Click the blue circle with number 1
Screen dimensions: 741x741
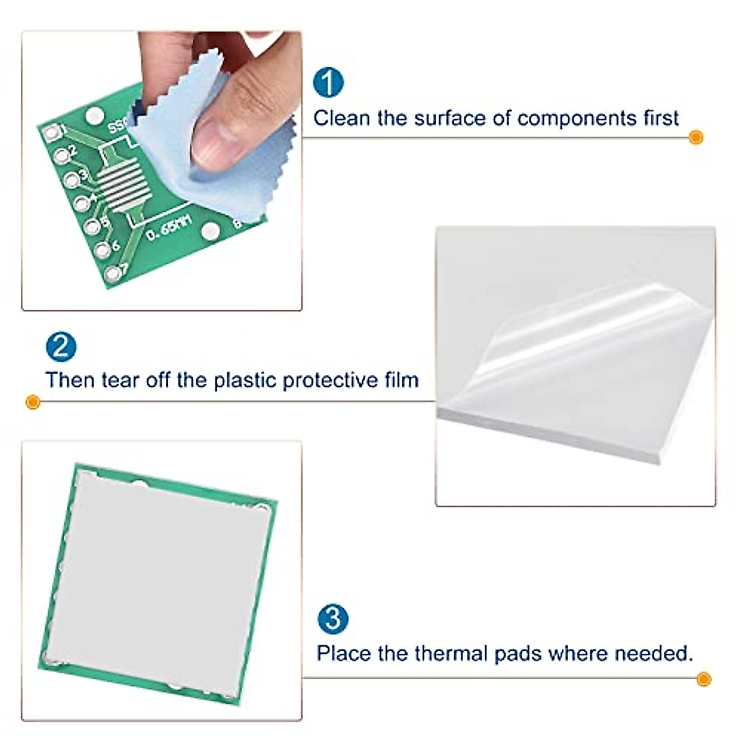click(x=328, y=82)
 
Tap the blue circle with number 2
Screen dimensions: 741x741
click(x=61, y=347)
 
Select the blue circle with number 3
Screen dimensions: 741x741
click(x=333, y=619)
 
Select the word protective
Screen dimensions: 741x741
click(x=329, y=380)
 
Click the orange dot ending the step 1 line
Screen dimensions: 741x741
click(x=696, y=137)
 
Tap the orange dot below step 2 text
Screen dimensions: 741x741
click(x=33, y=403)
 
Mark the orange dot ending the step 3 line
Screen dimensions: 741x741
click(x=703, y=680)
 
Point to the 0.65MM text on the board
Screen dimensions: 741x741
click(x=169, y=228)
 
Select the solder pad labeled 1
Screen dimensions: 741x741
click(x=52, y=132)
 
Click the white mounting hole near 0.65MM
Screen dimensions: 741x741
click(x=211, y=232)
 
